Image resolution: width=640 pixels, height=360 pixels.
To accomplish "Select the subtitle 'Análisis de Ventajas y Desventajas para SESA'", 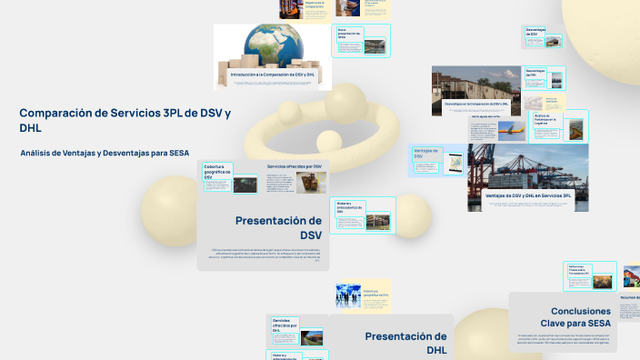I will coord(105,153).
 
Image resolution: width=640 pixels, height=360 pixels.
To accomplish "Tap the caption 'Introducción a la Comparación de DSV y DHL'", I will coord(273,74).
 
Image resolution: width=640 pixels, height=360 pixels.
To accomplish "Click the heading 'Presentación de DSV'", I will coord(278,227).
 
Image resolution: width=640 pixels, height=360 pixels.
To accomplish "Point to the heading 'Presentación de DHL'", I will coord(405,343).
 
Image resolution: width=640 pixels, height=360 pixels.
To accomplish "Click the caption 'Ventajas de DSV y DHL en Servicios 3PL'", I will coord(527,195).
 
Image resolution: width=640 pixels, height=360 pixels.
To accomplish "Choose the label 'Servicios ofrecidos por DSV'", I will coord(295,167).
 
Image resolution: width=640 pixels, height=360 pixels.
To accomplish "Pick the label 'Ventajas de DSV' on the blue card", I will coord(425,153).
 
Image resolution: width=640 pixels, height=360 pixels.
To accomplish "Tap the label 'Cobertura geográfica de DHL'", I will coord(376,294).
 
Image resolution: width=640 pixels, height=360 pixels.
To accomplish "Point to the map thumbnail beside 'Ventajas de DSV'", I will coord(453,165).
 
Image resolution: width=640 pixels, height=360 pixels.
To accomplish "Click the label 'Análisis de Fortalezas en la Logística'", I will coord(545,119).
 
